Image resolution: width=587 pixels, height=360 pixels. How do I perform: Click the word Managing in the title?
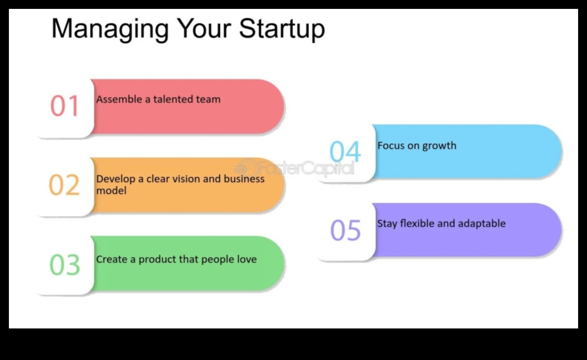coord(110,30)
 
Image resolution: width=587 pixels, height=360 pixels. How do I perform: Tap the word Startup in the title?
coord(282,30)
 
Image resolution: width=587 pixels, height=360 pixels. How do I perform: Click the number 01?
coord(64,105)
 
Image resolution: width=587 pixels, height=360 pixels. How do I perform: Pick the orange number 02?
coord(64,185)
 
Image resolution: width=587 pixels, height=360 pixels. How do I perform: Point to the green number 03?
coord(65,265)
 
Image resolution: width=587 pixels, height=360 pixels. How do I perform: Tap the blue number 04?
coord(345,151)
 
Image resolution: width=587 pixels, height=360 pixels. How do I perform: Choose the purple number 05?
coord(346,230)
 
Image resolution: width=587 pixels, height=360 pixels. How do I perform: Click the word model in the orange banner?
coord(111,190)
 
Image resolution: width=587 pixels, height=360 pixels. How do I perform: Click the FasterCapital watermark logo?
coord(294,167)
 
